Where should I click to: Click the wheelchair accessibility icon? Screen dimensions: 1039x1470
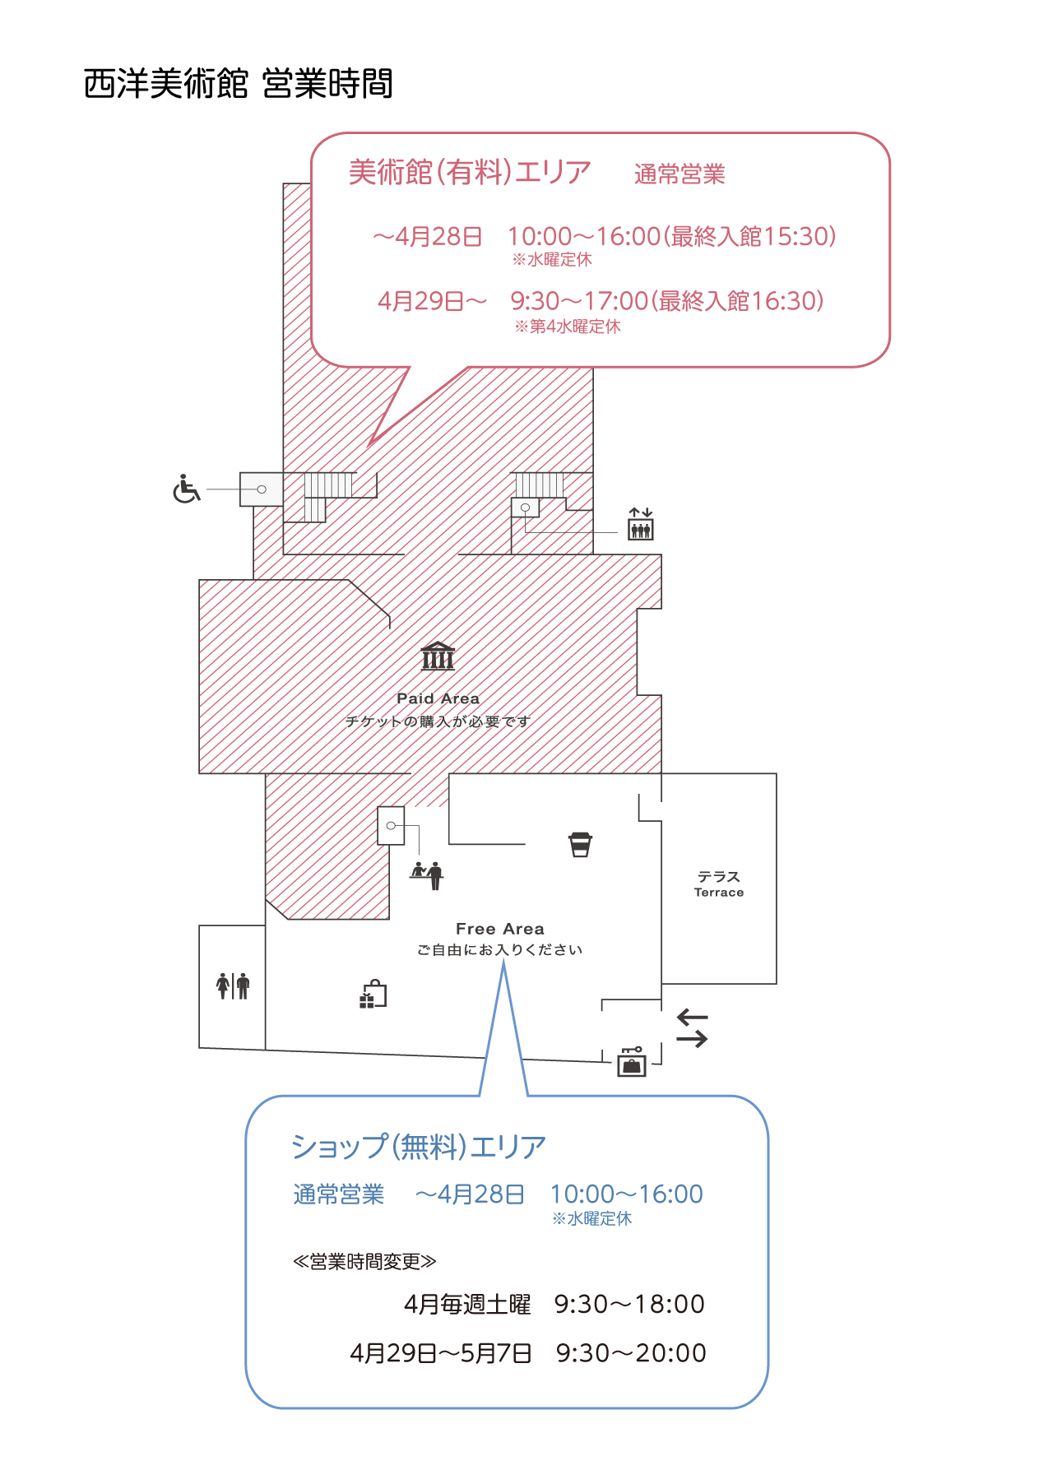[x=187, y=489]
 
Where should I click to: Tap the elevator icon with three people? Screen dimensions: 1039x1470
[x=640, y=524]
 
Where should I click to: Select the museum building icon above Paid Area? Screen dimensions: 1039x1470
[x=438, y=656]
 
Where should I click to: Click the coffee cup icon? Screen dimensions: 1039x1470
[x=581, y=845]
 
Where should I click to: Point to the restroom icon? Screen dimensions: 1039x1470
[x=233, y=985]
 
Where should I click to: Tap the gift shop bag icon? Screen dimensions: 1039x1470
[x=373, y=995]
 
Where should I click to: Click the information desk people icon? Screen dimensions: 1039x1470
[x=427, y=875]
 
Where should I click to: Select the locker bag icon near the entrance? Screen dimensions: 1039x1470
[x=632, y=1061]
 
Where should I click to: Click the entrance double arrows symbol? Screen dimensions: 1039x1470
[x=692, y=1029]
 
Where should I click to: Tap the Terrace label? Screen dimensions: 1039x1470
[x=719, y=893]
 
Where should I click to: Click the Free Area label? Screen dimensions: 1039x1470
[x=500, y=929]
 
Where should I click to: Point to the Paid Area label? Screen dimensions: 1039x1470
[x=438, y=698]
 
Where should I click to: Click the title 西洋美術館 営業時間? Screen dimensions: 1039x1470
[x=239, y=84]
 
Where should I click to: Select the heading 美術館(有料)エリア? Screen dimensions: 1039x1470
[x=470, y=172]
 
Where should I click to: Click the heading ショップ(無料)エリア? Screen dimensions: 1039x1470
[x=419, y=1147]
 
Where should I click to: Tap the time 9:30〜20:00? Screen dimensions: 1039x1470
[x=631, y=1353]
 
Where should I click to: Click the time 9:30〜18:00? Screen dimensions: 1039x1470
[x=629, y=1304]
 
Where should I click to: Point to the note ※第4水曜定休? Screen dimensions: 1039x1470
[x=568, y=327]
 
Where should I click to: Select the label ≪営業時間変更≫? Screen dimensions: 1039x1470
[x=364, y=1262]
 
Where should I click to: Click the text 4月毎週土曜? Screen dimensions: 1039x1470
[x=467, y=1304]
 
